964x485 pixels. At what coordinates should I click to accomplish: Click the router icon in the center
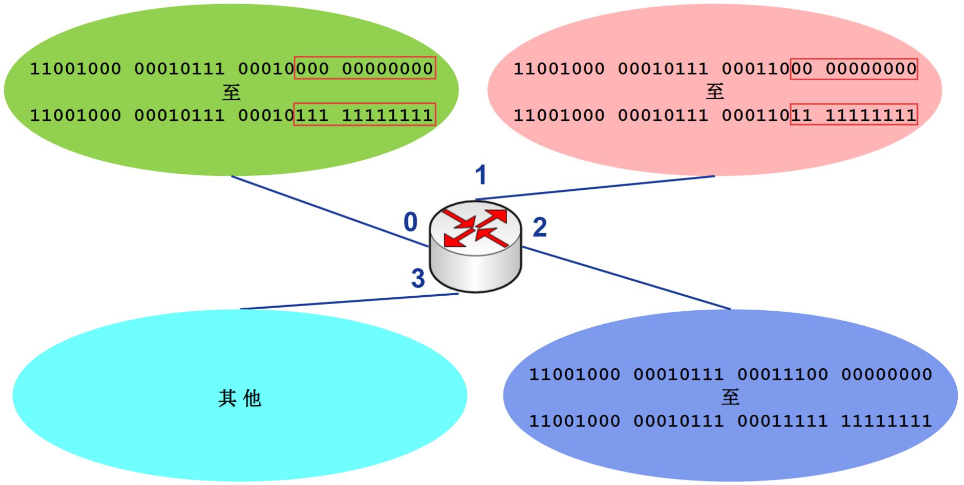[475, 246]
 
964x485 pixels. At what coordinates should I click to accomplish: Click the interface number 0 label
[410, 222]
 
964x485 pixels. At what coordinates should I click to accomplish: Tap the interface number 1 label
[481, 175]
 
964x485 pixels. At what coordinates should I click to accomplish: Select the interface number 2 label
[540, 228]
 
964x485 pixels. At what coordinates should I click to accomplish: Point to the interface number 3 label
[418, 278]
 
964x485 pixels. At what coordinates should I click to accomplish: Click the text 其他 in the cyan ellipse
[240, 398]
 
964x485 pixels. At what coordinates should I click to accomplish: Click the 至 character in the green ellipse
[231, 93]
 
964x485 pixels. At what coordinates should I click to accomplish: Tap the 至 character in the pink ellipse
[715, 92]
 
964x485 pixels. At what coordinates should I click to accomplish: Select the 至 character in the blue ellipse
[730, 397]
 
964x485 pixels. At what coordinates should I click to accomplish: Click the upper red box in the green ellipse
[365, 68]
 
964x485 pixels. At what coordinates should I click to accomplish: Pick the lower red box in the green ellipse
[365, 115]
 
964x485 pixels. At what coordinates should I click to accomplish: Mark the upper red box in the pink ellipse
[854, 69]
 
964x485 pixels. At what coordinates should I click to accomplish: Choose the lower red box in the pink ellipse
[854, 115]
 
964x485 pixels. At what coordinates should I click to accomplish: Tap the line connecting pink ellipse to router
[595, 188]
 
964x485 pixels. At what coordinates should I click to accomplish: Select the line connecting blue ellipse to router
[626, 278]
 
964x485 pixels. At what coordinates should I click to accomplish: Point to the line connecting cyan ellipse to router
[349, 301]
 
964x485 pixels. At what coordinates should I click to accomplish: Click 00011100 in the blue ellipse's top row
[782, 374]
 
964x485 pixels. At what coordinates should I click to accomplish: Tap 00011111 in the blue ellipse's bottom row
[782, 421]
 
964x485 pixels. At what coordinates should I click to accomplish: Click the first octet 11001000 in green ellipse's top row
[76, 69]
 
